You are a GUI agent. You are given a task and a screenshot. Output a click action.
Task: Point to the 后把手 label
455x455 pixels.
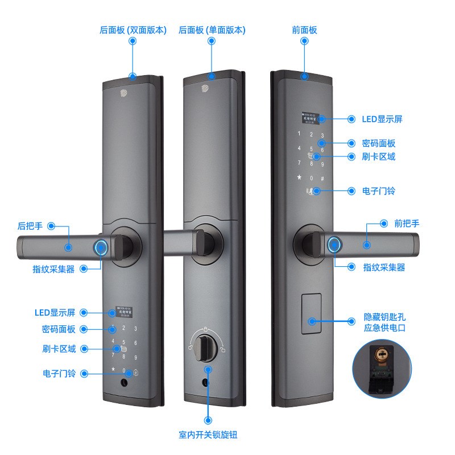point(31,226)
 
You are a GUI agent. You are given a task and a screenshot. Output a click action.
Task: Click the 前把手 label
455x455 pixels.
point(407,224)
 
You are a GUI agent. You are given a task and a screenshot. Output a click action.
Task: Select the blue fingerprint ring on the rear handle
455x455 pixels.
point(102,247)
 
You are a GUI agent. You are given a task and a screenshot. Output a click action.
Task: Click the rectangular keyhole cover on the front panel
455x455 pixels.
point(311,316)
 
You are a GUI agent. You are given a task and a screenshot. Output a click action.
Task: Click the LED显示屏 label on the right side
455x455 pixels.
point(382,119)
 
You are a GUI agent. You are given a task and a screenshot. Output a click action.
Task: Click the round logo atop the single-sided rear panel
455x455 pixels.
point(204,89)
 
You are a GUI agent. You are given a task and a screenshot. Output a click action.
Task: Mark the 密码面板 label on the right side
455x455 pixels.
point(379,143)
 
